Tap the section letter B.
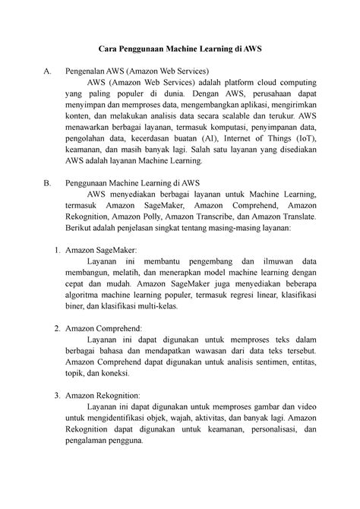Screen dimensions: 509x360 click(x=48, y=182)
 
